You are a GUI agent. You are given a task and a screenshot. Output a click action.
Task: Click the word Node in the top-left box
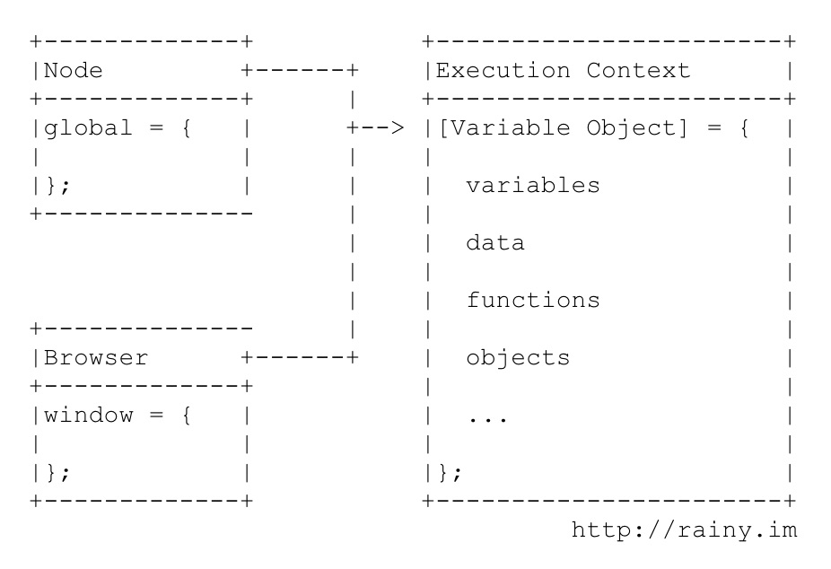pos(72,70)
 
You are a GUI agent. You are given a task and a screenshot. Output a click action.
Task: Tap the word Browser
pos(96,357)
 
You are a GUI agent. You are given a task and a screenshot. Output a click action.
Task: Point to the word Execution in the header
pos(504,70)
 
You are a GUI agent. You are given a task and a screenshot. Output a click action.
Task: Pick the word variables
pos(532,185)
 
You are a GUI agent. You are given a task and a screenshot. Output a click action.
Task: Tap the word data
pos(494,242)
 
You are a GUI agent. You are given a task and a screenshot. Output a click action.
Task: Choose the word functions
pos(532,300)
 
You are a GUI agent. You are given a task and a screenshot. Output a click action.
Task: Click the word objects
pos(518,357)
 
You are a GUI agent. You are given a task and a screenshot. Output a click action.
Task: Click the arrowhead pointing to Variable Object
pos(398,127)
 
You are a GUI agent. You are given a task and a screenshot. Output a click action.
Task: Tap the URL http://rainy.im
pos(684,530)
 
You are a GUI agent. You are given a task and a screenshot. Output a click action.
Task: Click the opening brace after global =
pos(186,127)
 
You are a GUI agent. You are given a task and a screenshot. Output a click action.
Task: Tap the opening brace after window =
pos(186,415)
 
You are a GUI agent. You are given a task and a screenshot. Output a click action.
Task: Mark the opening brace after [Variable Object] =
pos(744,127)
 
